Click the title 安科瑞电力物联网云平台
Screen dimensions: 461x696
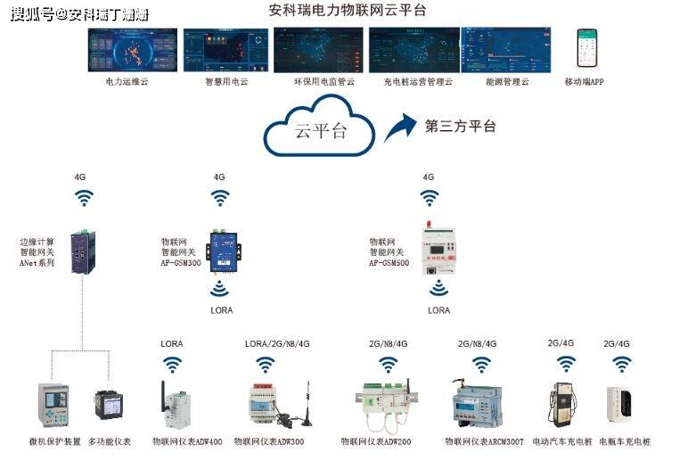coord(347,11)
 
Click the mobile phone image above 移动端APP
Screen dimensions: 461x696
coord(585,48)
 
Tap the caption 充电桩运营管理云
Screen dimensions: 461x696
coord(418,82)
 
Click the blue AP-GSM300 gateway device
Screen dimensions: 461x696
coord(219,251)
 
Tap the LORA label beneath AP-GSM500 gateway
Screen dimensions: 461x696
coord(438,310)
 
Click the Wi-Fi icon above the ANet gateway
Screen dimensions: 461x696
coord(83,197)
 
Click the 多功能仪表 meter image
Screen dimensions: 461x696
coord(112,405)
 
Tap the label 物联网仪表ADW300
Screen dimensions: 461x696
coord(269,441)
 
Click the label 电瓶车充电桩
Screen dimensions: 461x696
coord(624,441)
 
